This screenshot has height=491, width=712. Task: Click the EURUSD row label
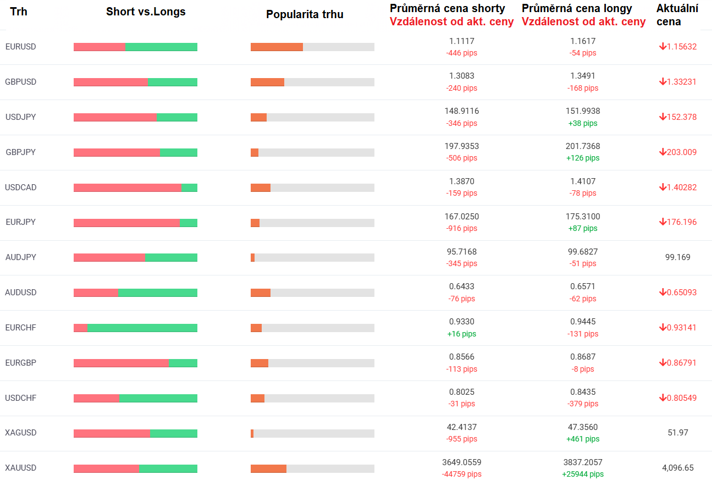tap(20, 47)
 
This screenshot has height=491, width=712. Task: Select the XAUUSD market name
tap(21, 468)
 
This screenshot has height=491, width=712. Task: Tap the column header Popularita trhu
tap(305, 14)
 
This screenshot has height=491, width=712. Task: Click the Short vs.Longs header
tap(146, 12)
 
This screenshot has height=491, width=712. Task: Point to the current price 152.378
tap(681, 117)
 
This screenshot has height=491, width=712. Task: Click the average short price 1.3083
tap(461, 76)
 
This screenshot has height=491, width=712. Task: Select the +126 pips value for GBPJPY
tap(583, 158)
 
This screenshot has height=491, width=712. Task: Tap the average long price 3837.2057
tap(583, 462)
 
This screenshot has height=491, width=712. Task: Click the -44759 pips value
tap(461, 475)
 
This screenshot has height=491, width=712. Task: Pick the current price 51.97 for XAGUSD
tap(678, 433)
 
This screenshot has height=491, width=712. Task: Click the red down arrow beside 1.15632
tap(663, 47)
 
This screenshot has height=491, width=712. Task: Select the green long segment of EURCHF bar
tap(142, 328)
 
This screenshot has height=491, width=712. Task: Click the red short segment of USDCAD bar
tap(127, 187)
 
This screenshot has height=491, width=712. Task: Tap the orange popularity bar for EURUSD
tap(277, 47)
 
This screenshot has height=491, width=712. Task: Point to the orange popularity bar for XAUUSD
tap(268, 468)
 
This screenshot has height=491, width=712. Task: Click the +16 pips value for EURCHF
tap(461, 334)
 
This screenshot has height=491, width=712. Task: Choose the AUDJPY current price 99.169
tap(678, 257)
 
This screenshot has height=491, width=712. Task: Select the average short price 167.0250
tap(461, 217)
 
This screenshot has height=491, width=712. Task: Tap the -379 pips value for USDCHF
tap(583, 404)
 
